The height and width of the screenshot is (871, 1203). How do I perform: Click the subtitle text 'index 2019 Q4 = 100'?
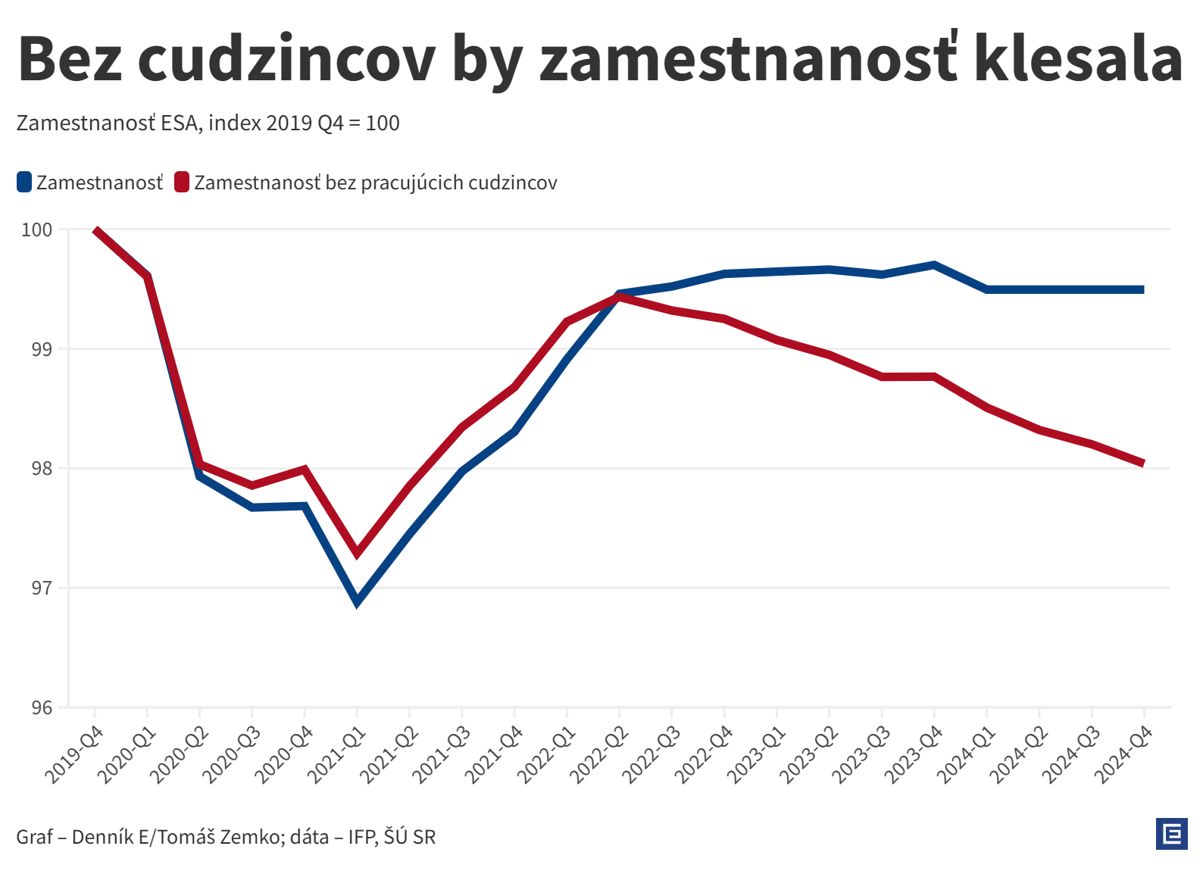tap(304, 123)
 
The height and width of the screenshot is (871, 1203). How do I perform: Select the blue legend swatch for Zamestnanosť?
tap(24, 183)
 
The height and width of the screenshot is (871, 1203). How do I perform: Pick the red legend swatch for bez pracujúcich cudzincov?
tap(182, 183)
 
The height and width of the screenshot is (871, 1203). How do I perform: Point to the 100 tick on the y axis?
tap(37, 229)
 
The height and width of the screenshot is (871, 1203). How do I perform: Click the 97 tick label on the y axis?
tap(42, 588)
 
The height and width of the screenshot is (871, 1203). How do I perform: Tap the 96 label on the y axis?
tap(42, 707)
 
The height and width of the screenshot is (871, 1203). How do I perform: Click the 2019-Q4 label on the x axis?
tap(73, 754)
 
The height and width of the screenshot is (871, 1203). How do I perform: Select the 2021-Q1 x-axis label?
tap(336, 754)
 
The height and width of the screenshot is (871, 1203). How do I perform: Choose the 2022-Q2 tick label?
tap(598, 754)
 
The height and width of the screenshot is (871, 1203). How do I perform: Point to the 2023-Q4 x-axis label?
tap(914, 754)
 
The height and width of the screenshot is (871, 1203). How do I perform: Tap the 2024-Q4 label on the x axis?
tap(1123, 754)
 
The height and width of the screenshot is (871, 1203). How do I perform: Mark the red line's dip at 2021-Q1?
tap(358, 554)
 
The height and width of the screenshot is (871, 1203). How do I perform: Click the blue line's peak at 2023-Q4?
tap(934, 265)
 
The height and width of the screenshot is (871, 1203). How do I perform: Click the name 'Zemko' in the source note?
tap(258, 837)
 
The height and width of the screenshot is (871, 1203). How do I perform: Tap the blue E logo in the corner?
tap(1172, 834)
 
